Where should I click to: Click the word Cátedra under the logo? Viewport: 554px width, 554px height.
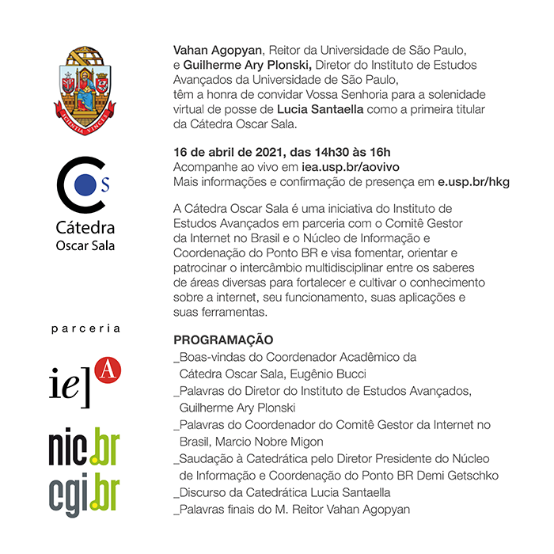85,228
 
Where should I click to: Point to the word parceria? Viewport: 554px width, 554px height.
85,328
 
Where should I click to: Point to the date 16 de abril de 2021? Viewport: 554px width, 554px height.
225,152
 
